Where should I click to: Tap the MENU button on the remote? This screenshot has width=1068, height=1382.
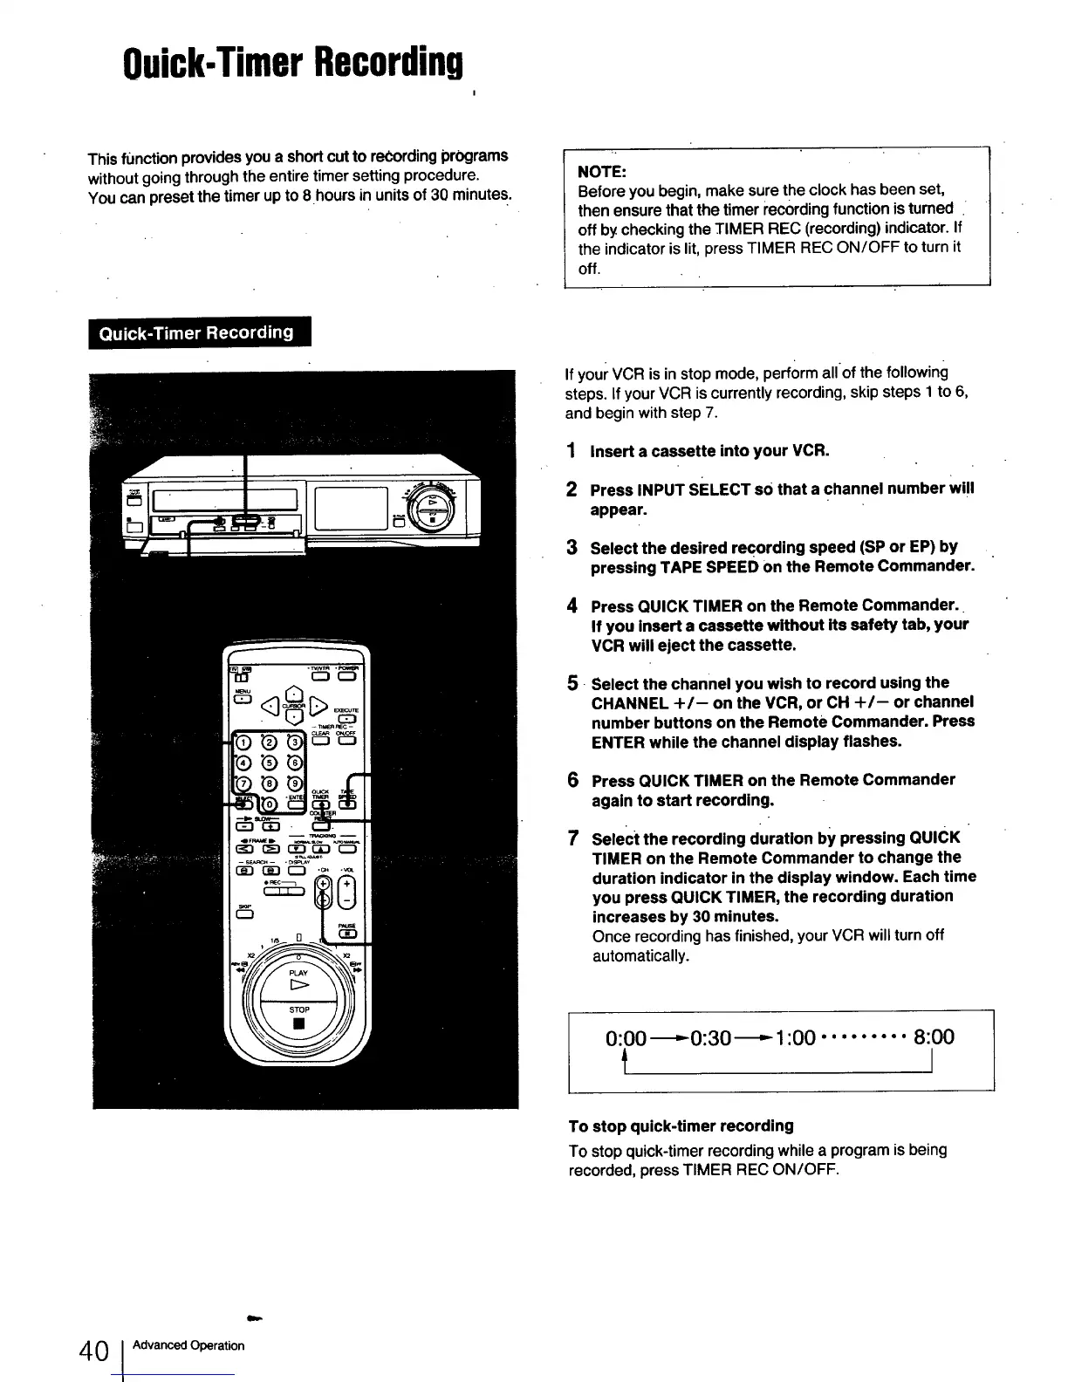point(236,696)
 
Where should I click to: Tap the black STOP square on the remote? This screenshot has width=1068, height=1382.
point(298,1024)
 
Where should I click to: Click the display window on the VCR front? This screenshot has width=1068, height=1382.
point(351,509)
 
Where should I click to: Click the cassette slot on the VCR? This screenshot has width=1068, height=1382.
point(227,501)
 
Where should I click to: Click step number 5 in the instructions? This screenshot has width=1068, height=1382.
point(572,683)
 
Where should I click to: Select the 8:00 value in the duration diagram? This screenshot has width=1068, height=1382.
point(934,1036)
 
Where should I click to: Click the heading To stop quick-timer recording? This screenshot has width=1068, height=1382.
point(681,1125)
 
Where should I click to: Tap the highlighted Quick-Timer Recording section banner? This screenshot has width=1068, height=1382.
point(196,332)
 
